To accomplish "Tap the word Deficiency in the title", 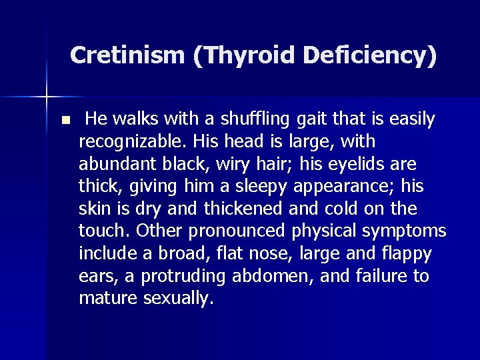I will click(x=364, y=55).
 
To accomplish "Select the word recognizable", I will click(x=133, y=142).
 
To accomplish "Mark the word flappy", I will click(x=405, y=254).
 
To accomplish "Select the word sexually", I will click(x=179, y=299).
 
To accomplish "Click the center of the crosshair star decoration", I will click(x=47, y=97).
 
